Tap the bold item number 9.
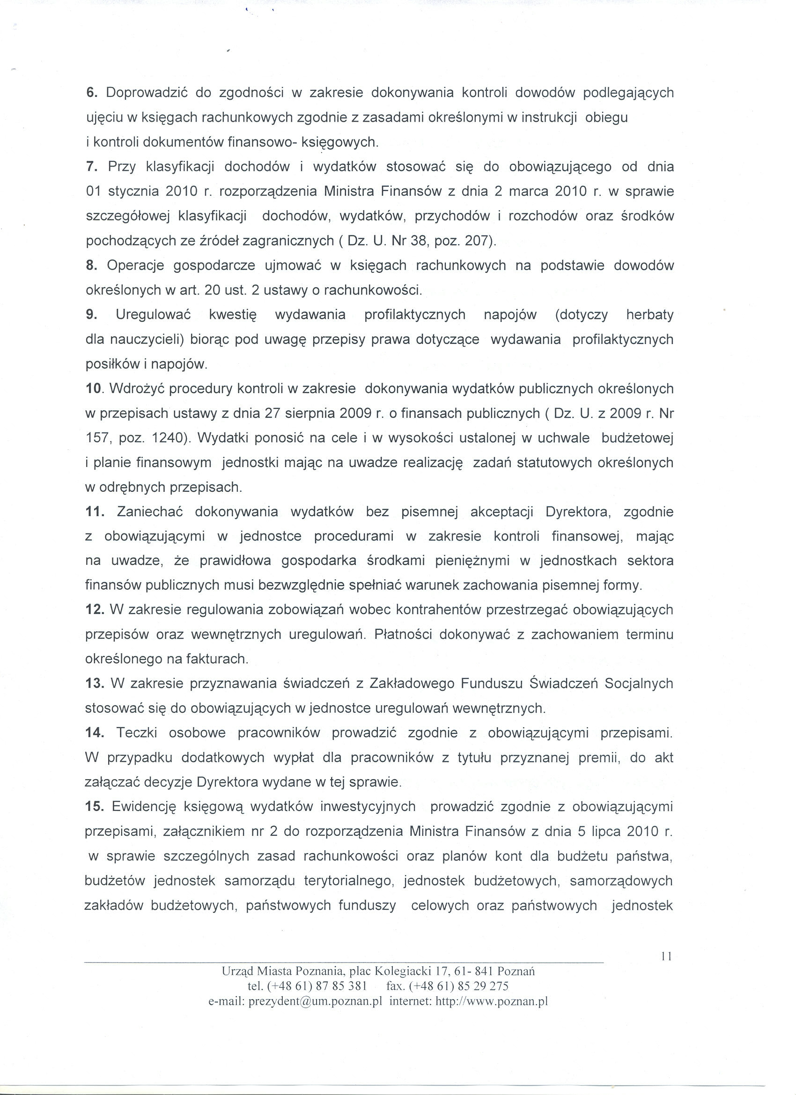pyautogui.click(x=90, y=315)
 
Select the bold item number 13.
pyautogui.click(x=95, y=683)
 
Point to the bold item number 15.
pyautogui.click(x=94, y=806)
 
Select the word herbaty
pyautogui.click(x=649, y=315)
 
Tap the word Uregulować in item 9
pyautogui.click(x=153, y=315)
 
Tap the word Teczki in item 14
pyautogui.click(x=137, y=732)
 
